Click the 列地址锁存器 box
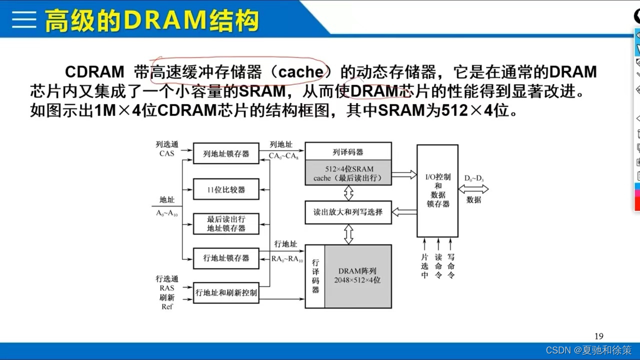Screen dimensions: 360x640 226,153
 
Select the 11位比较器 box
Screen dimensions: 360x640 226,190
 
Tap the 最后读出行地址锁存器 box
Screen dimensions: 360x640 226,223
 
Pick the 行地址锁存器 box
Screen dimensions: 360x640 226,258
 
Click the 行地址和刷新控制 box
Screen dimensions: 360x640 226,292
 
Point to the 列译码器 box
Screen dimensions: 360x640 348,151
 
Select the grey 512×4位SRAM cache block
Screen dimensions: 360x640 348,173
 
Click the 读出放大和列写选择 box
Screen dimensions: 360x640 348,212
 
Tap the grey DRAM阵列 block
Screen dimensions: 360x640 357,276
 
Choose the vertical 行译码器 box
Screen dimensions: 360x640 315,276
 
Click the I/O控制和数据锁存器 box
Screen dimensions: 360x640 437,190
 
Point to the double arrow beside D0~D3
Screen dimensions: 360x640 473,189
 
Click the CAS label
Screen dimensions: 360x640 167,153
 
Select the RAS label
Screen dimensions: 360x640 167,288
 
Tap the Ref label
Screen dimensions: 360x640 167,306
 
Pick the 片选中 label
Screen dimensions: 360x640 424,265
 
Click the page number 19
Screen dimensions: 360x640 599,336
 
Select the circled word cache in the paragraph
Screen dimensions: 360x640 300,72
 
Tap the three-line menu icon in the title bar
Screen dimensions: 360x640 23,19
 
